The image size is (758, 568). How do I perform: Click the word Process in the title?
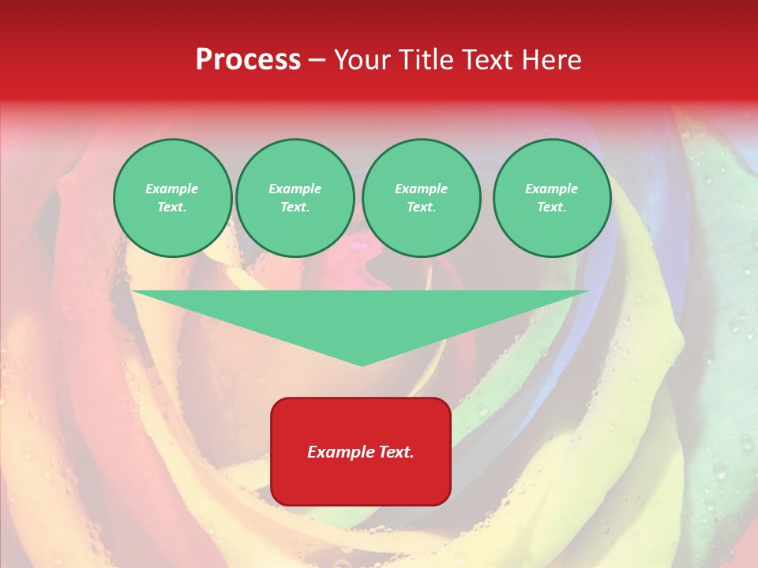click(x=248, y=60)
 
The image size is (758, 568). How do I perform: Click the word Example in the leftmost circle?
click(x=172, y=189)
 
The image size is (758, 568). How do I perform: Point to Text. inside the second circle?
click(x=295, y=207)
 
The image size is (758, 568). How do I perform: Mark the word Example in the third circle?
click(x=421, y=189)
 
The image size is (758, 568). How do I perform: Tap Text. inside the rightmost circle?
click(x=552, y=207)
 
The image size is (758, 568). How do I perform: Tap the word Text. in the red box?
click(x=396, y=452)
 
